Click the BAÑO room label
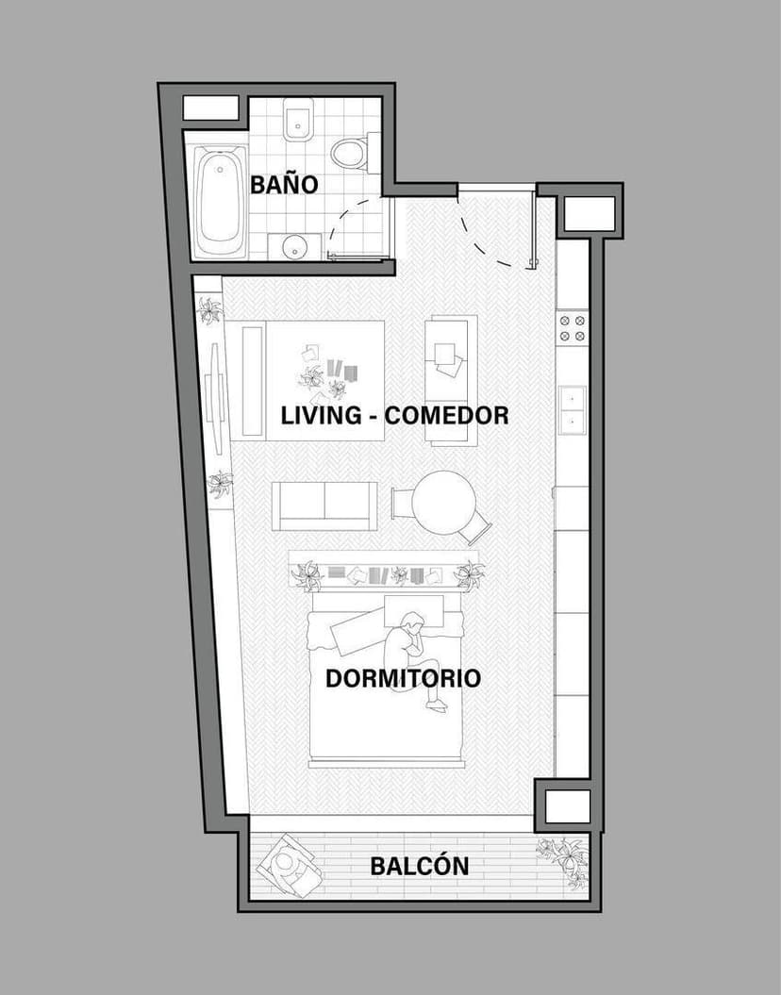[284, 184]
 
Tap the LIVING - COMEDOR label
[394, 415]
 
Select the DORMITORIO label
[403, 678]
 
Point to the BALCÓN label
[419, 866]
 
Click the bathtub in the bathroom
[221, 200]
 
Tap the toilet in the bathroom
[350, 153]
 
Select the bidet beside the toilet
[299, 121]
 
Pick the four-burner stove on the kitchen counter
[573, 328]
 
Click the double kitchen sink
[573, 409]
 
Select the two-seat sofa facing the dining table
[324, 506]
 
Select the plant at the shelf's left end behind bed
[307, 574]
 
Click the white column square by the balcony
[568, 806]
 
